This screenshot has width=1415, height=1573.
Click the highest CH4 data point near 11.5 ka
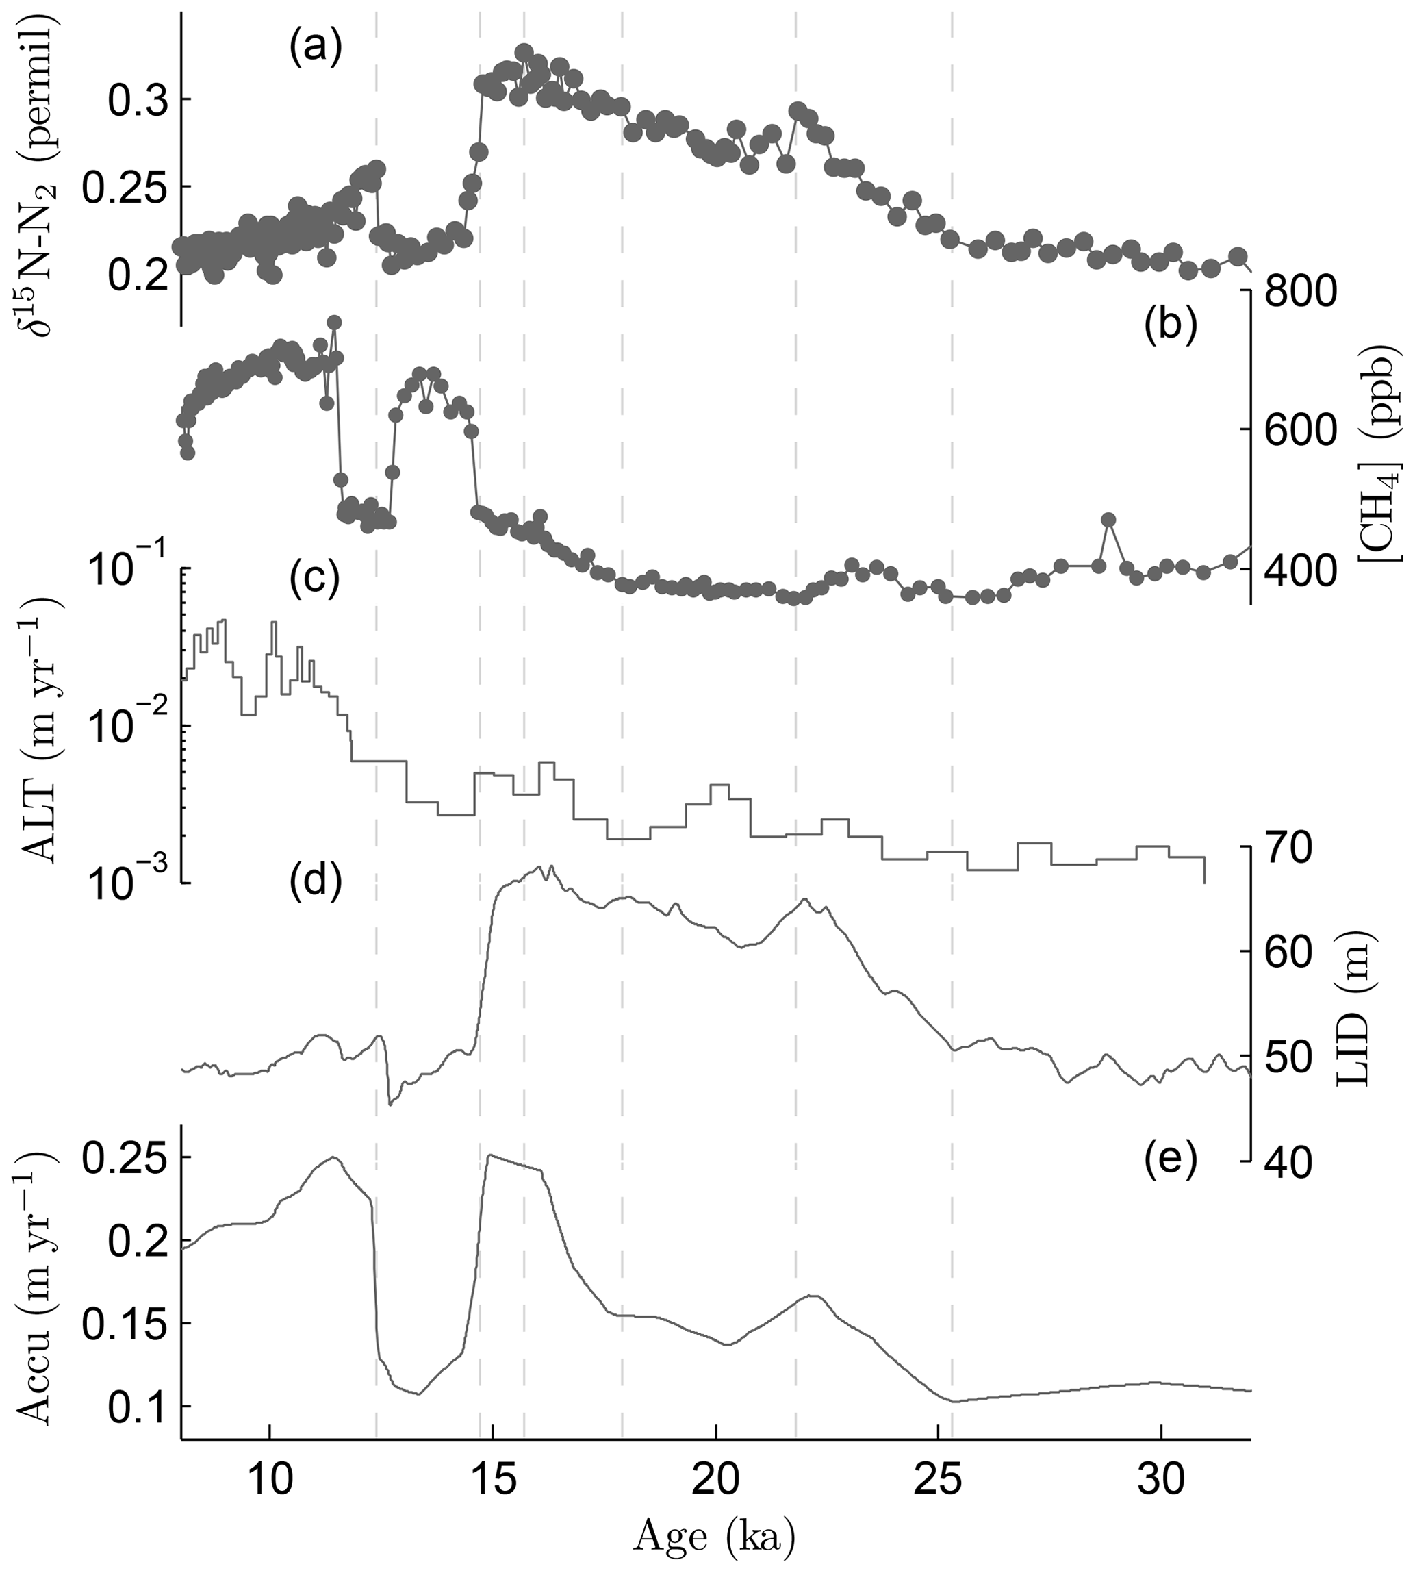tap(334, 322)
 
